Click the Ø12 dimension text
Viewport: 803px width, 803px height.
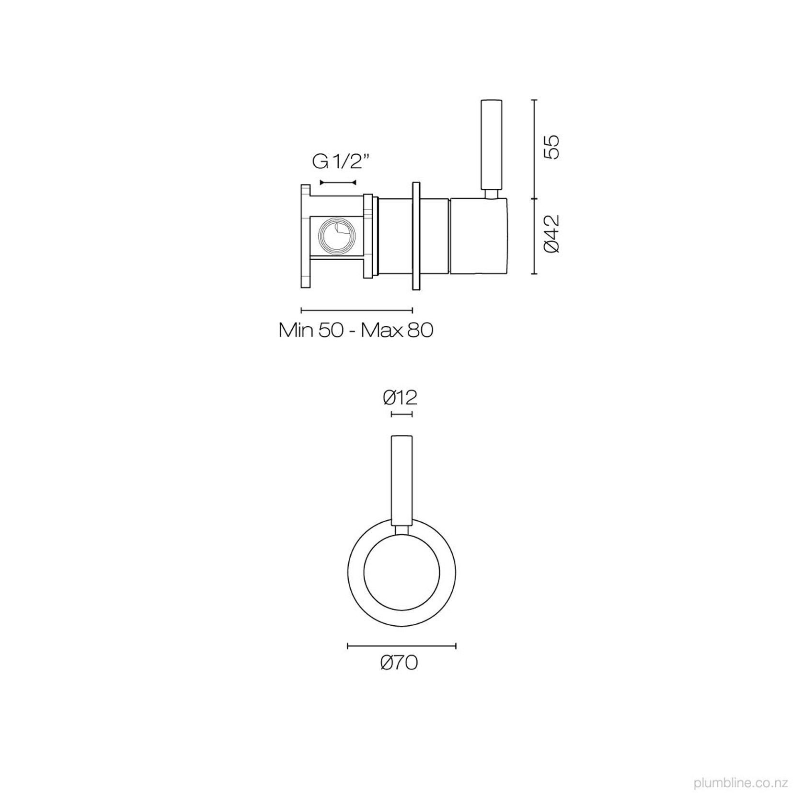(x=401, y=397)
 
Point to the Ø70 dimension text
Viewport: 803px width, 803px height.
(x=399, y=663)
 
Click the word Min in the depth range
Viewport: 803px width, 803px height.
(x=296, y=330)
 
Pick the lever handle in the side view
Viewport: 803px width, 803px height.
(x=492, y=144)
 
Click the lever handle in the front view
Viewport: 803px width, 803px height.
(x=401, y=479)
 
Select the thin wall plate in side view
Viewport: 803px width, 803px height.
(x=415, y=236)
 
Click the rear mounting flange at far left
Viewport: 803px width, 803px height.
(x=305, y=237)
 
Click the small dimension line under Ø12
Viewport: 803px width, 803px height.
(x=401, y=414)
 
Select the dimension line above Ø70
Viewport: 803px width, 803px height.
(x=401, y=646)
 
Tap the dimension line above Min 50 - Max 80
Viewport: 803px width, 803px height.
(x=356, y=310)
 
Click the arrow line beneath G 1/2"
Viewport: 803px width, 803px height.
(x=338, y=183)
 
